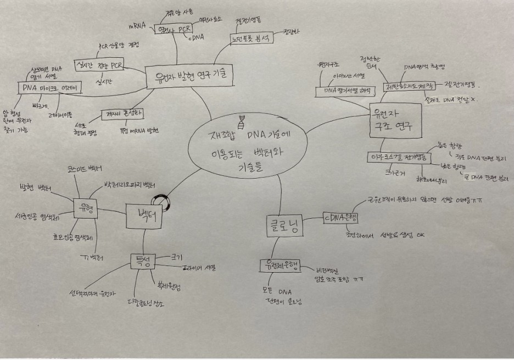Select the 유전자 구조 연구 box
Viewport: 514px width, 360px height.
tap(392, 119)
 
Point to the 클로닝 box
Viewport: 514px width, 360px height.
tap(283, 225)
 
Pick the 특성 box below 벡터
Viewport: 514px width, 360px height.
tap(144, 260)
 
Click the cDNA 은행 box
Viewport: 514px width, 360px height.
tap(341, 218)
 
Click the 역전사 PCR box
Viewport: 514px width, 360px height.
tap(171, 30)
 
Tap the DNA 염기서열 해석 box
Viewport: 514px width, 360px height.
tap(345, 89)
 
